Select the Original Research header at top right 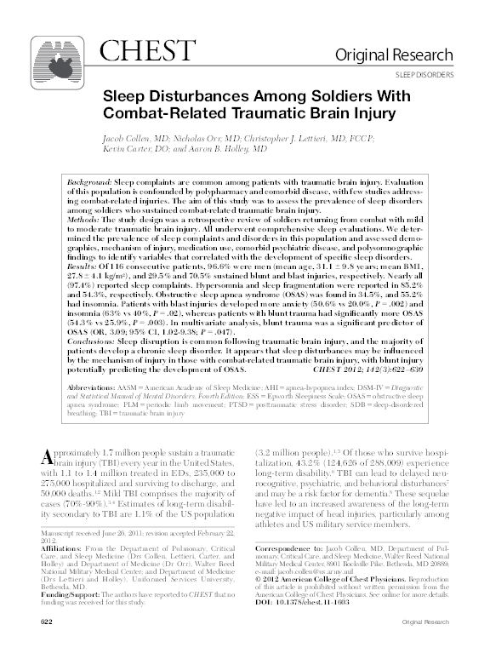405,55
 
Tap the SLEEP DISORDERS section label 424,75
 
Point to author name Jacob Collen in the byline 131,137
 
